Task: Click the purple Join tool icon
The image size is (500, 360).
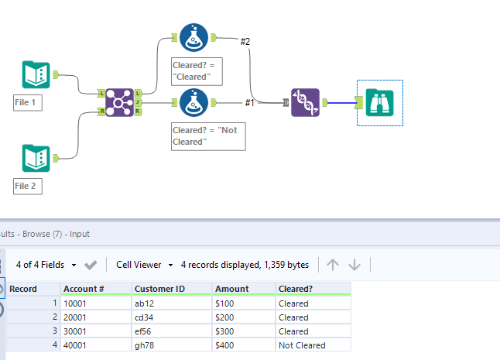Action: pyautogui.click(x=119, y=102)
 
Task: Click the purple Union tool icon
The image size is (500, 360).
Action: pyautogui.click(x=305, y=102)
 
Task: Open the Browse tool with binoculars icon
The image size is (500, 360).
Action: pyautogui.click(x=380, y=102)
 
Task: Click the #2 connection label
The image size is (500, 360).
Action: pyautogui.click(x=245, y=41)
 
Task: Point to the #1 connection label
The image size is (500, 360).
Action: pyautogui.click(x=249, y=102)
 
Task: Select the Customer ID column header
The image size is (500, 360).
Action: pyautogui.click(x=159, y=288)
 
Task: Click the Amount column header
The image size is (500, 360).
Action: pyautogui.click(x=232, y=288)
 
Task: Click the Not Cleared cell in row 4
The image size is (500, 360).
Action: pyautogui.click(x=302, y=345)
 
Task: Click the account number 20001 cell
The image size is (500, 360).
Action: pyautogui.click(x=76, y=317)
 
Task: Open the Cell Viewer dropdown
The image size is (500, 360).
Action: pyautogui.click(x=144, y=265)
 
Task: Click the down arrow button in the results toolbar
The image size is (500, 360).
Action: pyautogui.click(x=354, y=265)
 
